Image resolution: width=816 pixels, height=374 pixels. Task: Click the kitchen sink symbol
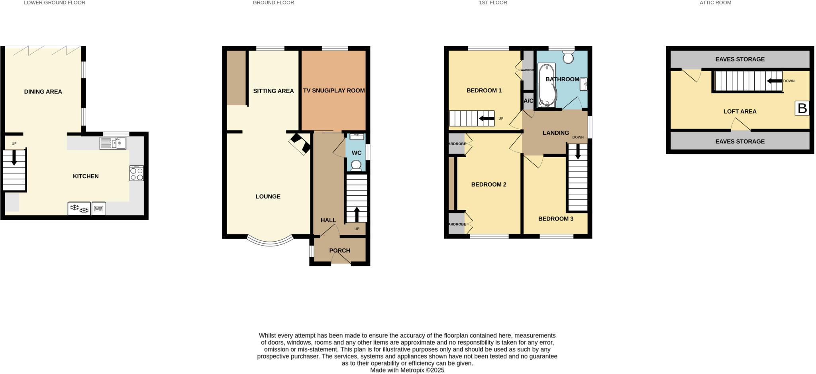tap(113, 143)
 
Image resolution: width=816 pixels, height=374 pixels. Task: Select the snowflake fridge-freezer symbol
tap(79, 209)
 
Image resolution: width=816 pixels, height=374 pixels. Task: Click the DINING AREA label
tap(43, 92)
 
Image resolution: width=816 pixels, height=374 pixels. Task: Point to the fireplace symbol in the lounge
tap(300, 144)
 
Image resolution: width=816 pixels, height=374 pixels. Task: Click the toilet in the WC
tap(356, 165)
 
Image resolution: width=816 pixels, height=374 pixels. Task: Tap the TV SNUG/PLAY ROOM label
tap(334, 91)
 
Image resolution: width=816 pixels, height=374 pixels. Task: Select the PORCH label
tap(339, 250)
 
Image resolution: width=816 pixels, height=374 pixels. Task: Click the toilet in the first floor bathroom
tap(568, 57)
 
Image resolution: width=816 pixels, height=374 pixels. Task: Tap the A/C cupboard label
tap(528, 101)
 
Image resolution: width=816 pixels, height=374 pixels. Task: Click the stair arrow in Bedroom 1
tap(486, 118)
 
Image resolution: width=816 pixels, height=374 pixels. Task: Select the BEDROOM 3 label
tap(555, 218)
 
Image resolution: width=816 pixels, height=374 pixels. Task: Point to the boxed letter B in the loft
tap(802, 108)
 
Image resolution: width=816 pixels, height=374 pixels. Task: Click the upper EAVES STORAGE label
tap(739, 59)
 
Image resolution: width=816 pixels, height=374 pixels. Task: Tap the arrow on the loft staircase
tap(774, 81)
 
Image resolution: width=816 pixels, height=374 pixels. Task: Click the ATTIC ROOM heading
tap(715, 3)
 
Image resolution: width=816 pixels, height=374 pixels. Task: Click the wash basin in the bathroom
tap(583, 84)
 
